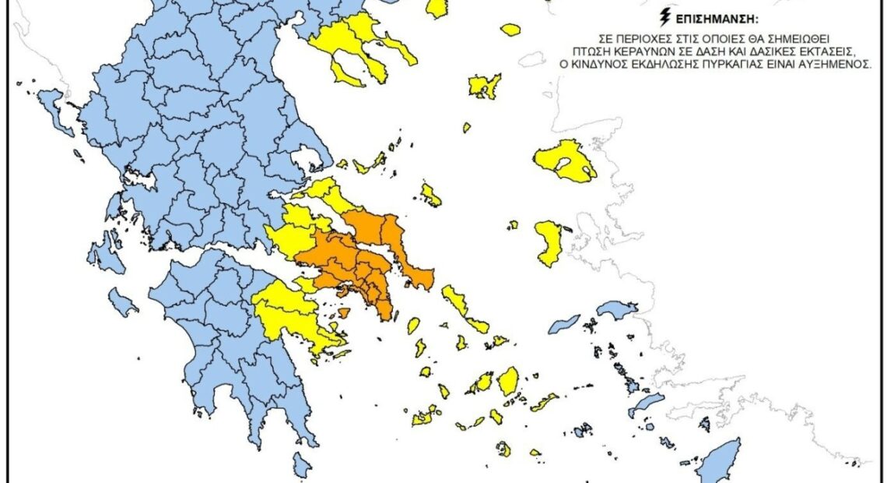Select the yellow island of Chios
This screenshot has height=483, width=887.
[x=550, y=241]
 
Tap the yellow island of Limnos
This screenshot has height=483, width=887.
[x=484, y=86]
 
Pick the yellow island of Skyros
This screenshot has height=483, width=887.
[x=430, y=195]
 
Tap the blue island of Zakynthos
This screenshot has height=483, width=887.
[x=122, y=301]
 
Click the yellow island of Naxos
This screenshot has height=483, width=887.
[x=508, y=381]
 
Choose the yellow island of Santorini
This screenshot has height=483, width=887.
[x=503, y=449]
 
